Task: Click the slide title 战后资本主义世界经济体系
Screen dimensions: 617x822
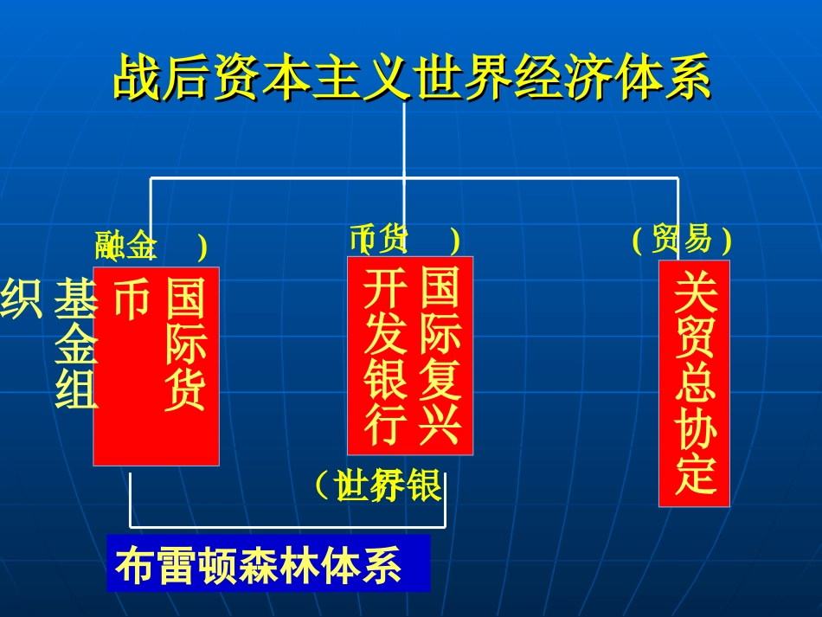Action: click(412, 79)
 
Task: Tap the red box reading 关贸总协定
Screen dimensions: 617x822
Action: click(694, 382)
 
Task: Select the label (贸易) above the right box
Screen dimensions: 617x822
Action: click(682, 239)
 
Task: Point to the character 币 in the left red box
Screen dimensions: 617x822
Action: click(132, 298)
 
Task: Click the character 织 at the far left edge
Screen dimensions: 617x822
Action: click(21, 299)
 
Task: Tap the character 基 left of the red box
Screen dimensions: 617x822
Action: click(76, 299)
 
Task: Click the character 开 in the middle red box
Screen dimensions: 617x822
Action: click(385, 288)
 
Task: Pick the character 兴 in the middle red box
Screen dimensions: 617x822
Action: click(440, 423)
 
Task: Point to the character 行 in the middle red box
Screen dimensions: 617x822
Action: click(385, 423)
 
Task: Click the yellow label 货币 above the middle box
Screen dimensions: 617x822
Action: click(380, 239)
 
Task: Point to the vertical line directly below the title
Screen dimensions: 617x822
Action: click(404, 138)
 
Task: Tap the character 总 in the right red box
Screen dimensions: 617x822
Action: click(695, 383)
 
